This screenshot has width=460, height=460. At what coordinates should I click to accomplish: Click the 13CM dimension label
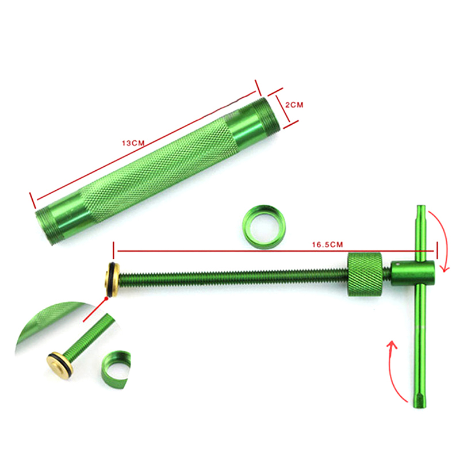[133, 143]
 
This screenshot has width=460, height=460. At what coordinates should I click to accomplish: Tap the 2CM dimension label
[294, 105]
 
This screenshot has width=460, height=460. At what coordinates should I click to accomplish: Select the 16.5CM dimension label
[327, 244]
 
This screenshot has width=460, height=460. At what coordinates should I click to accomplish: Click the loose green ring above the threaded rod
[264, 227]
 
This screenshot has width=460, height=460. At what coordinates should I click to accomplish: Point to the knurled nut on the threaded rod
[365, 274]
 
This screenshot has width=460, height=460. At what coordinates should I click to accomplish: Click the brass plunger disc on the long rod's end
[112, 278]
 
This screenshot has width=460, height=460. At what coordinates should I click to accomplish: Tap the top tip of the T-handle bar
[421, 206]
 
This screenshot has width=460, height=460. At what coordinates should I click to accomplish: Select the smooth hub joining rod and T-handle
[413, 274]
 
